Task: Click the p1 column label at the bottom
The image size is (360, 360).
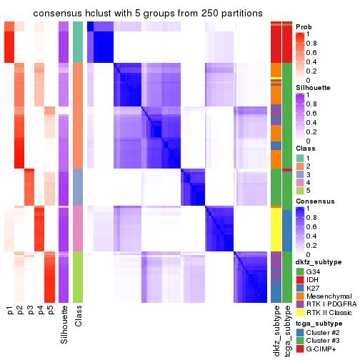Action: pyautogui.click(x=10, y=311)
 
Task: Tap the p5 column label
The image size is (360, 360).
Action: pyautogui.click(x=50, y=311)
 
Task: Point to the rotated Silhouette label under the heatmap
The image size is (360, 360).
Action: pyautogui.click(x=64, y=321)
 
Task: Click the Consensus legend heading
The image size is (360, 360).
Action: pyautogui.click(x=314, y=202)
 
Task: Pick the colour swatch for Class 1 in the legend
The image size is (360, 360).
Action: pyautogui.click(x=300, y=157)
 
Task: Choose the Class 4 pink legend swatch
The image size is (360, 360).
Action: pyautogui.click(x=300, y=183)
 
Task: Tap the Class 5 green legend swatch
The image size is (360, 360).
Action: pyautogui.click(x=300, y=191)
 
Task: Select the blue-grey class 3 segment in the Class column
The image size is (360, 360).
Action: pyautogui.click(x=78, y=186)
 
